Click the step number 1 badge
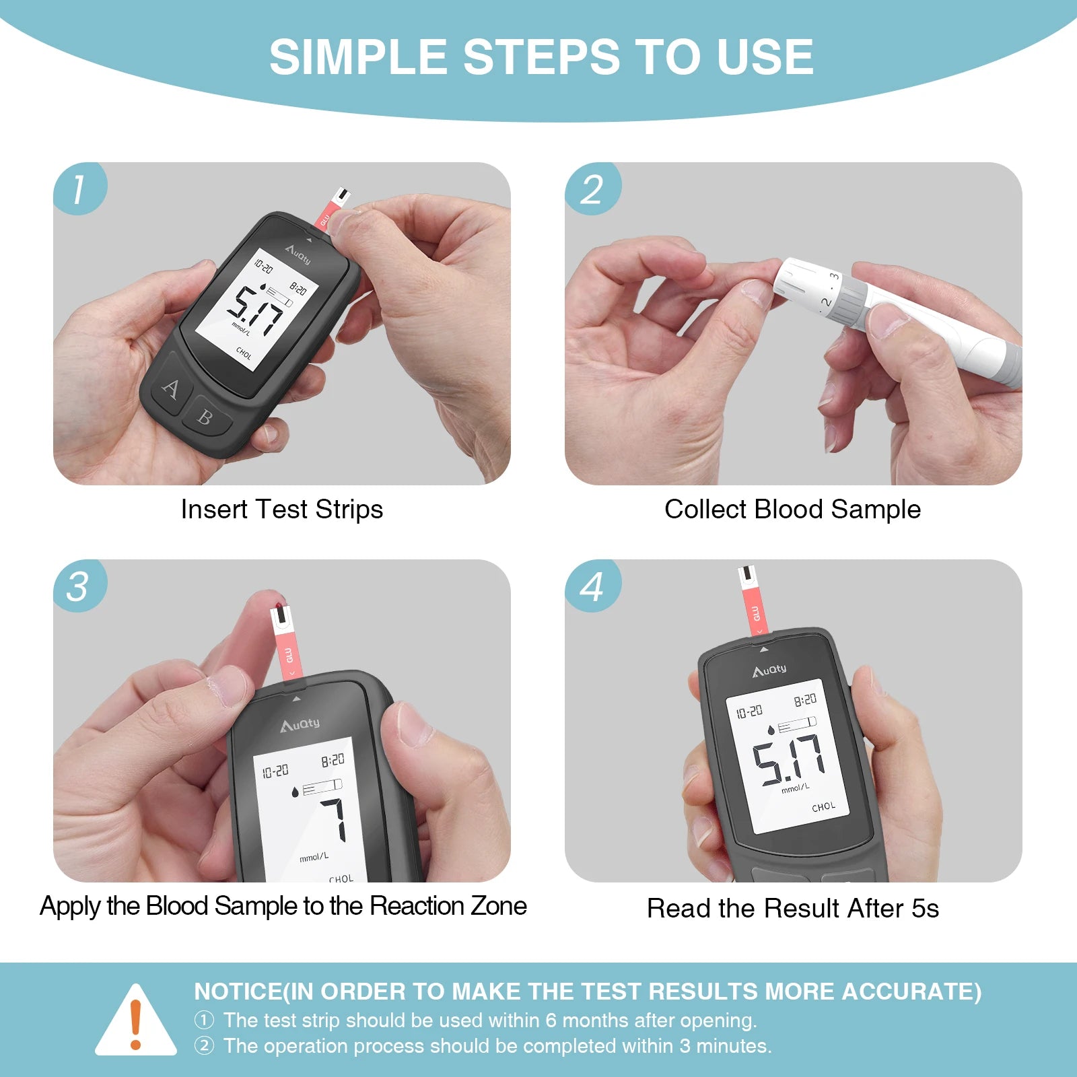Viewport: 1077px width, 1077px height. pyautogui.click(x=79, y=188)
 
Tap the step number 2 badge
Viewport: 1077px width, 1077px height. pyautogui.click(x=592, y=188)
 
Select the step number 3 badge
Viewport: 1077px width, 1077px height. pyautogui.click(x=79, y=586)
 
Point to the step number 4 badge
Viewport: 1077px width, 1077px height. pyautogui.click(x=592, y=586)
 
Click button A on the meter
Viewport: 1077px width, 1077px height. pyautogui.click(x=171, y=388)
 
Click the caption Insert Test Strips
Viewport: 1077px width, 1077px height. pyautogui.click(x=281, y=510)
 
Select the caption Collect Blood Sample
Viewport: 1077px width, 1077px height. pyautogui.click(x=792, y=510)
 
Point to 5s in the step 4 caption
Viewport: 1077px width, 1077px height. pyautogui.click(x=925, y=909)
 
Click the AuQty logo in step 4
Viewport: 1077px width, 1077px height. pyautogui.click(x=769, y=670)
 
